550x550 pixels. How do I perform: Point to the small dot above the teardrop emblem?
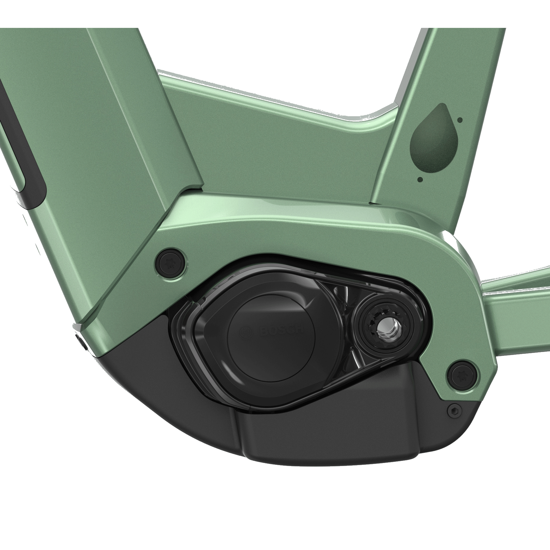[460, 120]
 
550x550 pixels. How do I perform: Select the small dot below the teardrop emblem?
[420, 179]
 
